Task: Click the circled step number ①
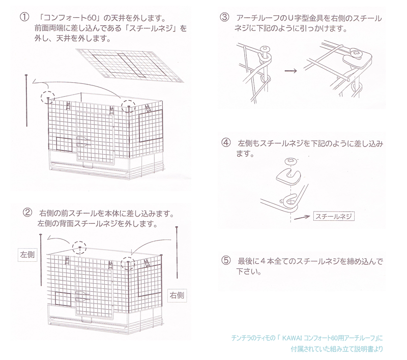[x=23, y=17]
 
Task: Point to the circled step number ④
[x=226, y=143]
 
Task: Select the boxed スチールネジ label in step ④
[x=333, y=216]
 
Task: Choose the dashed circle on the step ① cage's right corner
[x=128, y=106]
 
